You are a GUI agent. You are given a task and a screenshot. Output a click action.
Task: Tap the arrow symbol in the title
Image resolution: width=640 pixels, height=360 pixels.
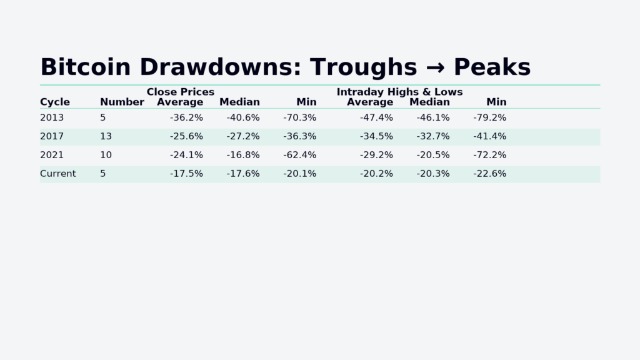pyautogui.click(x=435, y=68)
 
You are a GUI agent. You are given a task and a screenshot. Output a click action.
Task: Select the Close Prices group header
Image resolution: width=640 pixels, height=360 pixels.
pyautogui.click(x=180, y=92)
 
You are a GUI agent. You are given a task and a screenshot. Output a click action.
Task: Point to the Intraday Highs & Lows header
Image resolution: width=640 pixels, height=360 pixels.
pyautogui.click(x=399, y=92)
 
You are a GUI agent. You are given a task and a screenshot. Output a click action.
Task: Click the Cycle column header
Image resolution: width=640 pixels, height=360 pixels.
pyautogui.click(x=55, y=102)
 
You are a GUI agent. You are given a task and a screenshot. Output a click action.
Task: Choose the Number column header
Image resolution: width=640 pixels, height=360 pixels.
pyautogui.click(x=122, y=102)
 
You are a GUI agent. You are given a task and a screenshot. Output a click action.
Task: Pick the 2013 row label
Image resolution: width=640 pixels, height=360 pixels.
pyautogui.click(x=52, y=117)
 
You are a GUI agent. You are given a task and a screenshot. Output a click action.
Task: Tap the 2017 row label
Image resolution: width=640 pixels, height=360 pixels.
pyautogui.click(x=52, y=136)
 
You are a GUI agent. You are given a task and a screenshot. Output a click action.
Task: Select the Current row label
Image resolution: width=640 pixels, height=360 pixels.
pyautogui.click(x=57, y=174)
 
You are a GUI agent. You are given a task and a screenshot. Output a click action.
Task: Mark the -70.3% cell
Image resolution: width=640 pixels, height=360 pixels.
pyautogui.click(x=299, y=117)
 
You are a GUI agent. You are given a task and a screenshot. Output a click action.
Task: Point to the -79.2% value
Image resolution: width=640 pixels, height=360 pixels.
pyautogui.click(x=489, y=117)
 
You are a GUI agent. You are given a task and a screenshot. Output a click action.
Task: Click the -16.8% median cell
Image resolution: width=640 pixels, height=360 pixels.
pyautogui.click(x=242, y=155)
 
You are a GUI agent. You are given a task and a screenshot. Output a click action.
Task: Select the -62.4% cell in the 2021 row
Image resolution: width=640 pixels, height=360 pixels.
pyautogui.click(x=299, y=155)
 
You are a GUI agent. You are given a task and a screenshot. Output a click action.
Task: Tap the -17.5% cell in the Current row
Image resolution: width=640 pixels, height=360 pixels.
pyautogui.click(x=186, y=174)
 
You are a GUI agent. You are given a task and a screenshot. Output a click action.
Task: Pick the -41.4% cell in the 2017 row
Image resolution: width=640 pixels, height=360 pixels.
pyautogui.click(x=489, y=136)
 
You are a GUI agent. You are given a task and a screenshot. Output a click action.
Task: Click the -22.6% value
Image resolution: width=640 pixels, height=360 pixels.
pyautogui.click(x=489, y=174)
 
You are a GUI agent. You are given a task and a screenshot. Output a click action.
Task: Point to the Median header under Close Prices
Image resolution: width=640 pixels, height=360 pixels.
pyautogui.click(x=239, y=102)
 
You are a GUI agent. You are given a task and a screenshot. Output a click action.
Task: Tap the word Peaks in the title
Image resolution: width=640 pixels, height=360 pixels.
pyautogui.click(x=492, y=67)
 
